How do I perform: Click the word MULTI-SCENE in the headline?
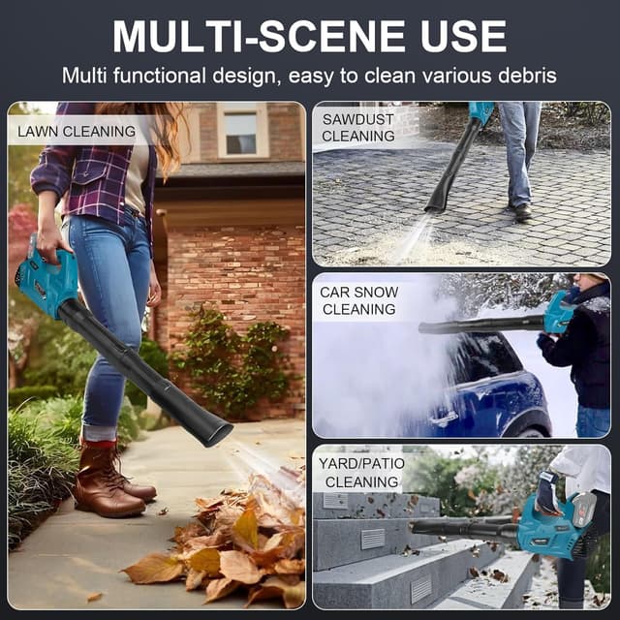click(259, 36)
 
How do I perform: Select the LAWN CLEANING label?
click(77, 132)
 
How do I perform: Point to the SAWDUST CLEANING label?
click(357, 127)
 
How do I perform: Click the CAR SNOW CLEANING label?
click(358, 300)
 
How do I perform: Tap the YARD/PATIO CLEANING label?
click(361, 473)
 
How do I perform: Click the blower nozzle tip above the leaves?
click(215, 432)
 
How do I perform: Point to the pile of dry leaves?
click(222, 545)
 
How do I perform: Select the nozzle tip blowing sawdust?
click(435, 206)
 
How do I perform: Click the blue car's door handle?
click(444, 418)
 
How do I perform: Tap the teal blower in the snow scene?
click(559, 312)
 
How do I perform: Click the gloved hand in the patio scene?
click(547, 491)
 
